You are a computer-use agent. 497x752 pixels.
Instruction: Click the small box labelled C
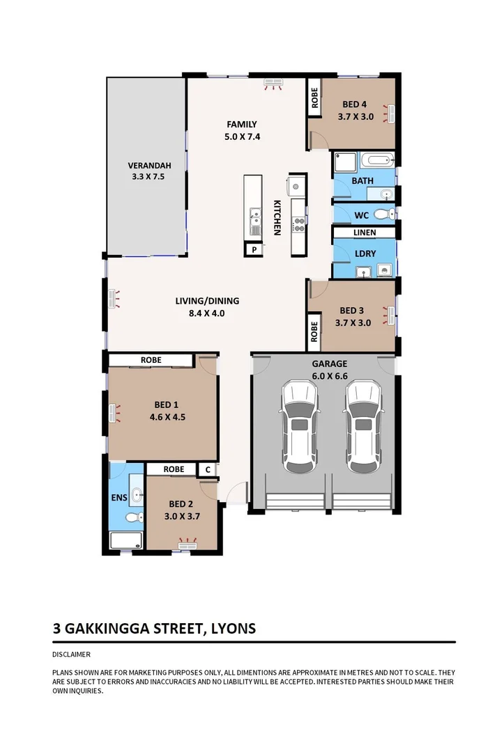tap(208, 470)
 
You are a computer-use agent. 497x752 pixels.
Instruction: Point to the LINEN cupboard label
tap(365, 232)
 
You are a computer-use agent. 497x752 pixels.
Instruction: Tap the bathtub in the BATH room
tap(377, 162)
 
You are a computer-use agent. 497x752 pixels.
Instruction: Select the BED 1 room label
tap(167, 405)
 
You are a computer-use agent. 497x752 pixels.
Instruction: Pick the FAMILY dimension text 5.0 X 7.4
tap(243, 136)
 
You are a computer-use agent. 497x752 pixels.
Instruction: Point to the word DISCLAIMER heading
tap(71, 655)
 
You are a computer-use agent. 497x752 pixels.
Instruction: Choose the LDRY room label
tap(365, 253)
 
